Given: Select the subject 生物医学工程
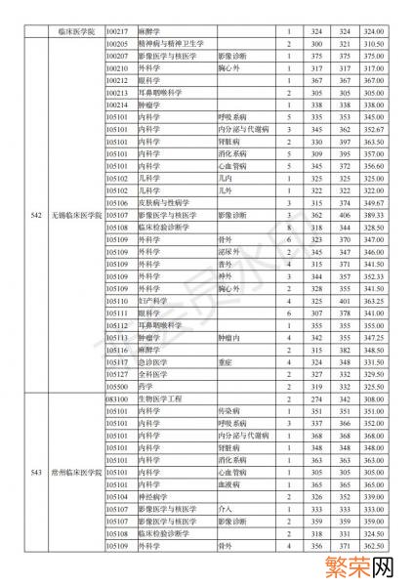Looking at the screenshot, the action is pyautogui.click(x=162, y=399).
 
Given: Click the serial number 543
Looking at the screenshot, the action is pyautogui.click(x=35, y=472).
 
